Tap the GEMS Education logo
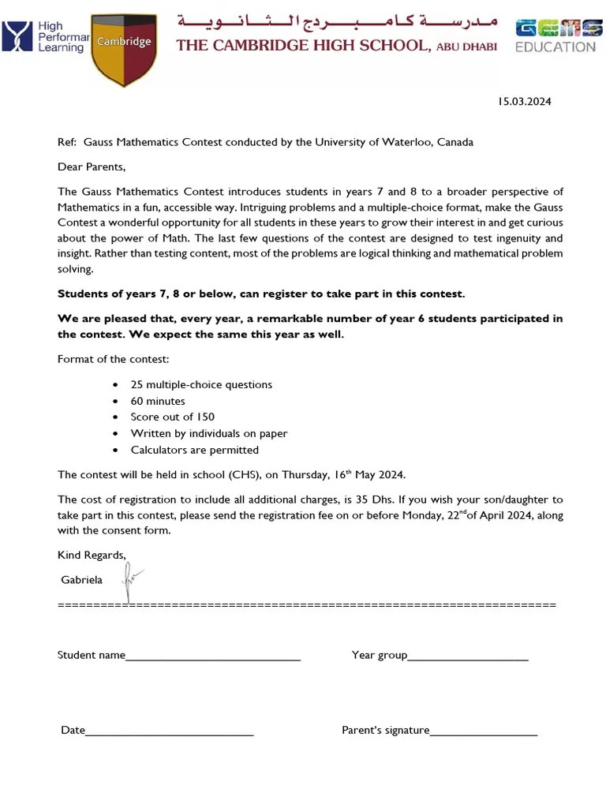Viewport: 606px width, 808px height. (x=555, y=36)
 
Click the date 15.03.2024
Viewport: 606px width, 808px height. (x=524, y=101)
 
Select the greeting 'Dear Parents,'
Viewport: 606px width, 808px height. (x=92, y=166)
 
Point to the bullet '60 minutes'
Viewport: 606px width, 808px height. (x=158, y=401)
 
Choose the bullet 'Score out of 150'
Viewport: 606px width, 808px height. (x=172, y=417)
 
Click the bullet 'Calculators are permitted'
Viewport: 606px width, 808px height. (x=194, y=450)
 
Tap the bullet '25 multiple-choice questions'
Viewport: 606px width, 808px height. (x=201, y=384)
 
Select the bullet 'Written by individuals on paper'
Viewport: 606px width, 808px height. (x=209, y=433)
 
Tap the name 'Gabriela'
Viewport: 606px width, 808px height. (x=81, y=580)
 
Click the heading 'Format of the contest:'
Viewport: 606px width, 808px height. (x=113, y=359)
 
